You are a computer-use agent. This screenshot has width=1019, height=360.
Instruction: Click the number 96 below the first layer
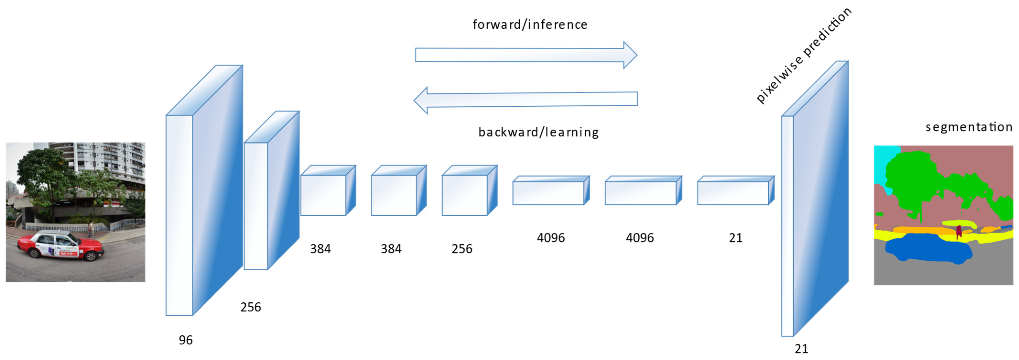pos(186,340)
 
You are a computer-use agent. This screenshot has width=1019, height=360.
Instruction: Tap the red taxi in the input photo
pos(59,245)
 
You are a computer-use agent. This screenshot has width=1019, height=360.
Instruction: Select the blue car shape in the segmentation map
pos(928,248)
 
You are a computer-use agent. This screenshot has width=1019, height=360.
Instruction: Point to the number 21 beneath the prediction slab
pos(801,349)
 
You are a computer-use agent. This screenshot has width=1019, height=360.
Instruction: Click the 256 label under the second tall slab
pos(250,307)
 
